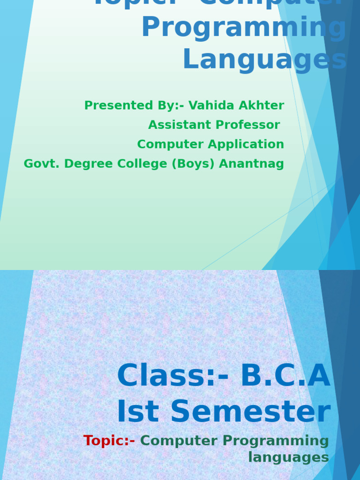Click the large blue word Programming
click(x=244, y=28)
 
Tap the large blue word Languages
click(x=264, y=60)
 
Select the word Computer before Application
click(x=172, y=144)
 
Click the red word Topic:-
click(x=109, y=441)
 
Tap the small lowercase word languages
click(x=288, y=457)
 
